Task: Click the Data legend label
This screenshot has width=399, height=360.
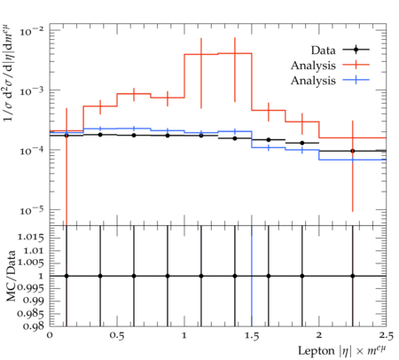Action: coord(323,51)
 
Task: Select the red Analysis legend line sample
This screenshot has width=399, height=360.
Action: coord(356,64)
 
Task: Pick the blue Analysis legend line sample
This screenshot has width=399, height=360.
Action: coord(356,80)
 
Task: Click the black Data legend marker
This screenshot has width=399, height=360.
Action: coord(356,50)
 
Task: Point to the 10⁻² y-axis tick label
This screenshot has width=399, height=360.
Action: coord(32,30)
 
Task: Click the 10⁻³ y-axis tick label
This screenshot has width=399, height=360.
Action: coord(32,90)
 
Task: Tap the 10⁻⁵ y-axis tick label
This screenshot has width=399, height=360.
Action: coord(32,210)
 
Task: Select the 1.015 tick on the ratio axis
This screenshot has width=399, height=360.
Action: coord(31,238)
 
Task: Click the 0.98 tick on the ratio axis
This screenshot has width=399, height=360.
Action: coord(35,326)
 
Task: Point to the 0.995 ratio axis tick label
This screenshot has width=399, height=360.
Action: coord(31,288)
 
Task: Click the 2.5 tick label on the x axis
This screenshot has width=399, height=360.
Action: coord(387,336)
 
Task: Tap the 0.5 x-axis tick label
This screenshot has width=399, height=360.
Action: coord(117,336)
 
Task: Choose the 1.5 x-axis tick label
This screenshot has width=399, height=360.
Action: coord(252,336)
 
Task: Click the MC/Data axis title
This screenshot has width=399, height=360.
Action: coord(11,276)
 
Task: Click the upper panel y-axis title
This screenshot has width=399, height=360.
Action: coord(9,73)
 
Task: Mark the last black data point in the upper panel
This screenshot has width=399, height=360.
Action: coord(353,151)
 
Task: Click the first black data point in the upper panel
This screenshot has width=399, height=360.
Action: coord(66,136)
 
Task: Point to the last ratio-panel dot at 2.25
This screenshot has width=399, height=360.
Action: coord(353,276)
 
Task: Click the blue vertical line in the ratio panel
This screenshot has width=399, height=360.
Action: coord(252,276)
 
